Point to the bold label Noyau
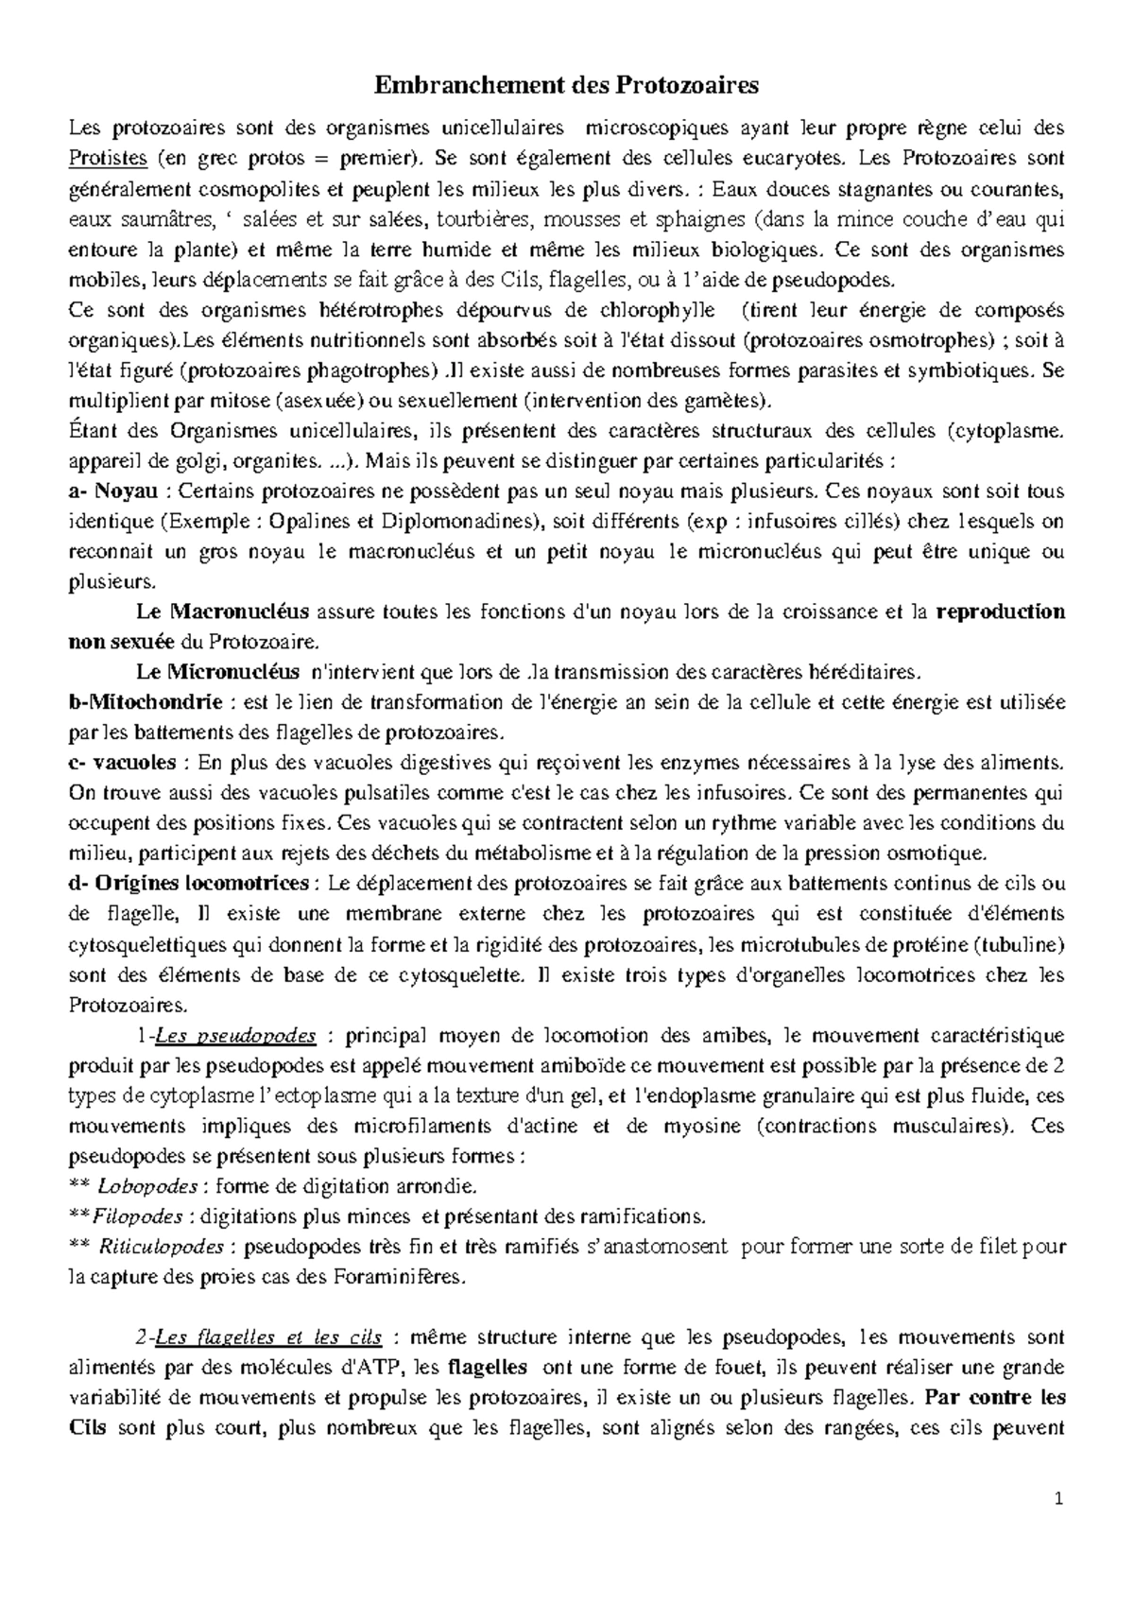click(x=127, y=491)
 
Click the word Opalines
click(x=307, y=522)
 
